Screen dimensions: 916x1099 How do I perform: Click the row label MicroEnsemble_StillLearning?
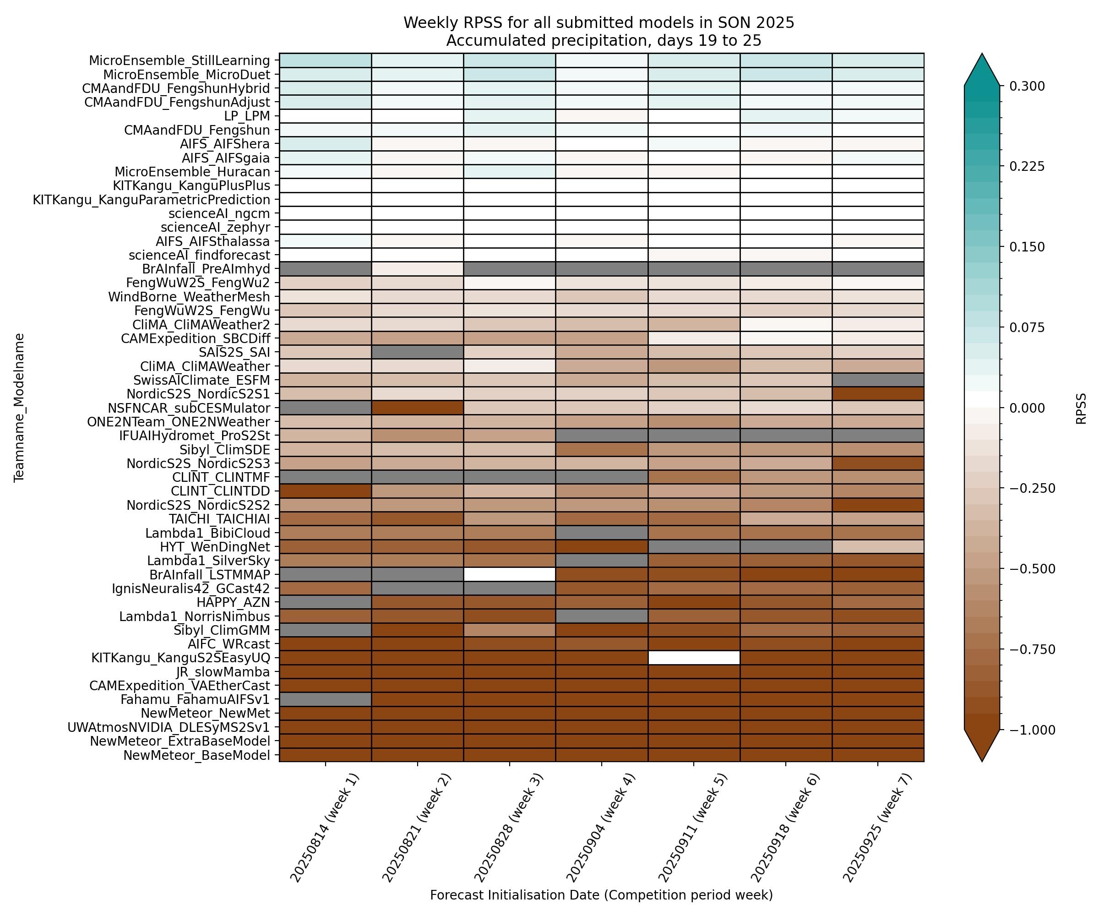179,61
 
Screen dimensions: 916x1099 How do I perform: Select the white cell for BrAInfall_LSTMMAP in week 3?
509,574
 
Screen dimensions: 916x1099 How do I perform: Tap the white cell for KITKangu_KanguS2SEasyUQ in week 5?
693,657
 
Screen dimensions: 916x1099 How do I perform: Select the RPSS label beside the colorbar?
1081,408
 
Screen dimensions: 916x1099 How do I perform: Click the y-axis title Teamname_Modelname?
19,407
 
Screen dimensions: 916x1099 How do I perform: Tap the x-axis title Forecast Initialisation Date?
601,895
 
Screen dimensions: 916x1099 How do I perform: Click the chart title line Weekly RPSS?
598,23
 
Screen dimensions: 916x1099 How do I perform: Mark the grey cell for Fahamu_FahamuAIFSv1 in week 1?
326,699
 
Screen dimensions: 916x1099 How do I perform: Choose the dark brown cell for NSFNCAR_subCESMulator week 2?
417,408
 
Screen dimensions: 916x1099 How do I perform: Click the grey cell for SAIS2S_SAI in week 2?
417,352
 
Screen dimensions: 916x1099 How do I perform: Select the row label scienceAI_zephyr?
215,227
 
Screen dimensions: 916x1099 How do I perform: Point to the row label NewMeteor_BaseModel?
196,755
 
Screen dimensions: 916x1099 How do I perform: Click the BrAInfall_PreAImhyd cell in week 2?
417,269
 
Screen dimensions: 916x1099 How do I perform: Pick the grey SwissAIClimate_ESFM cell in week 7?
878,380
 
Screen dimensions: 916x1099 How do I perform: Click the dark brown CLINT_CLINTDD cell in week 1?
326,491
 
